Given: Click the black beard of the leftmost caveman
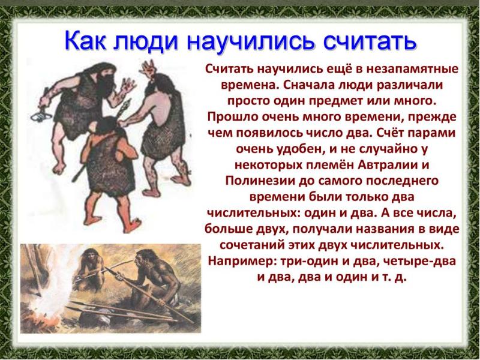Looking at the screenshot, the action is pyautogui.click(x=104, y=80).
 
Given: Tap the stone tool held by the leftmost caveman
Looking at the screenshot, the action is pyautogui.click(x=41, y=115).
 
